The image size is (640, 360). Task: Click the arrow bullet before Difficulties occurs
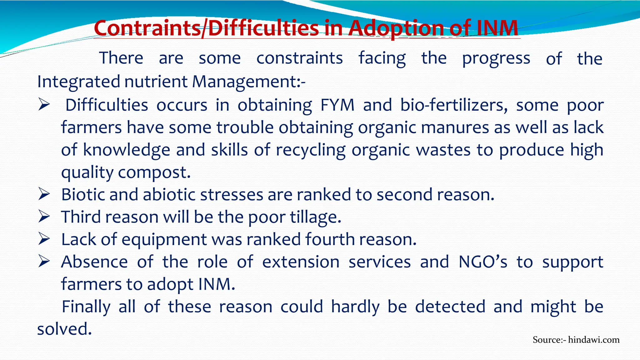[44, 105]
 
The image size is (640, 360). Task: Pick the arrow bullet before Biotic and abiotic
[44, 194]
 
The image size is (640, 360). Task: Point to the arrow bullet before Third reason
[44, 217]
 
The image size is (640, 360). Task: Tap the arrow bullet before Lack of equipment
[44, 239]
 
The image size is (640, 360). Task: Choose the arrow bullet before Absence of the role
[44, 262]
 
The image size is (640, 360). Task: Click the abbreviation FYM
[337, 105]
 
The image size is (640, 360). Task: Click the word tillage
[315, 217]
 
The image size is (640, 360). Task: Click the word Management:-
[249, 82]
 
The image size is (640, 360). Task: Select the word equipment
[164, 240]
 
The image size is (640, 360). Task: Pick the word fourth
[330, 239]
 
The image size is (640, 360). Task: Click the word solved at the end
[64, 329]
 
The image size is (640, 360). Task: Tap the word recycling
[311, 150]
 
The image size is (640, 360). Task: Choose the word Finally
[86, 307]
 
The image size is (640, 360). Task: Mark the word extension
[301, 262]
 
